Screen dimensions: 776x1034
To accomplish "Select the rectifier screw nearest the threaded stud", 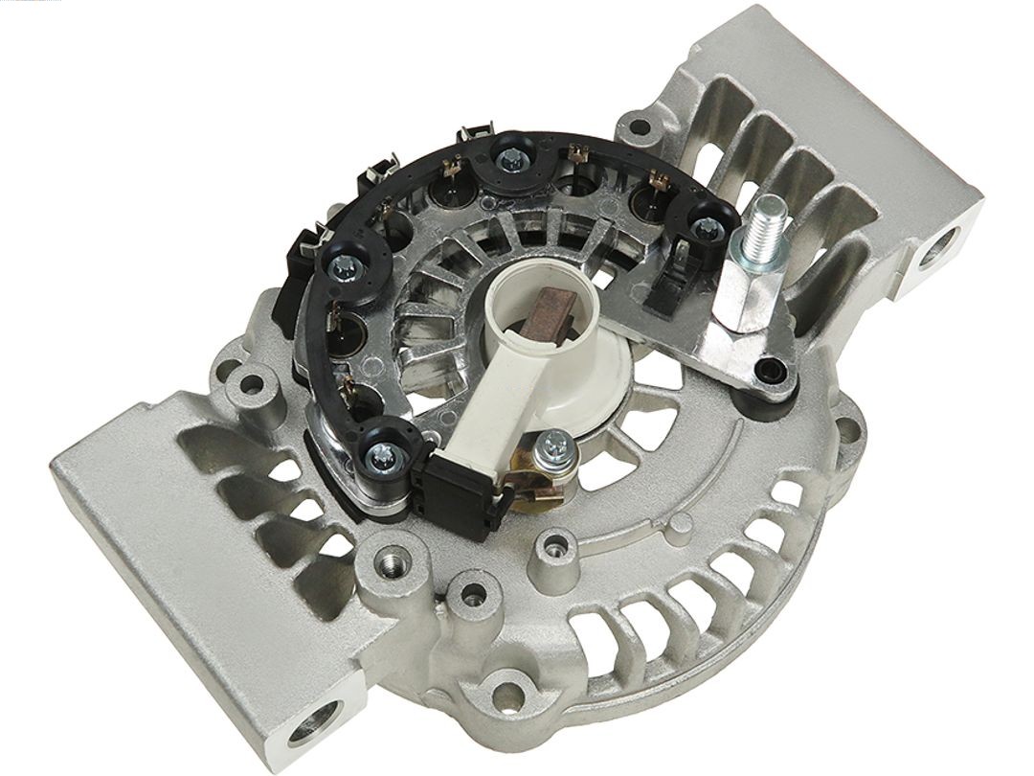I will click(x=707, y=228).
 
